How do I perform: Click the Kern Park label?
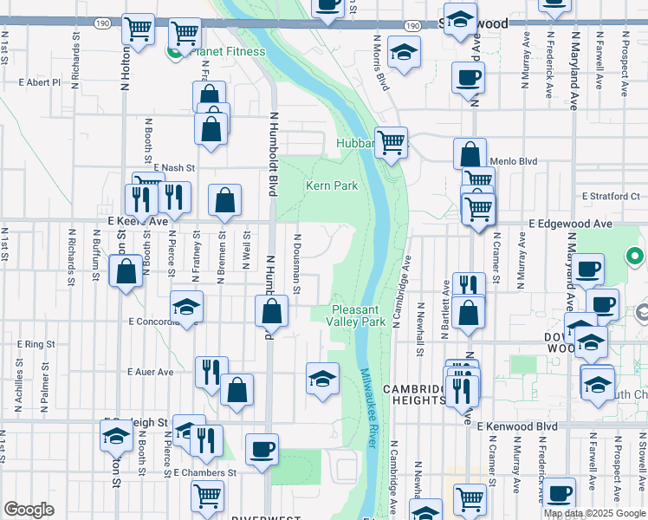point(331,185)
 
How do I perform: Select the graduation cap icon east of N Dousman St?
point(322,379)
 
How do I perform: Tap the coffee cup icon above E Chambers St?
point(262,449)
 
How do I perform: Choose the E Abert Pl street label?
point(40,83)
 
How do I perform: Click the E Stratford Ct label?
point(610,196)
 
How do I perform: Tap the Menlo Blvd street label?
point(514,161)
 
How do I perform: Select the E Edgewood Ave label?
point(571,224)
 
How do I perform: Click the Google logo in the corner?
point(29,510)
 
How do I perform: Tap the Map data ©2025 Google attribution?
point(594,513)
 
